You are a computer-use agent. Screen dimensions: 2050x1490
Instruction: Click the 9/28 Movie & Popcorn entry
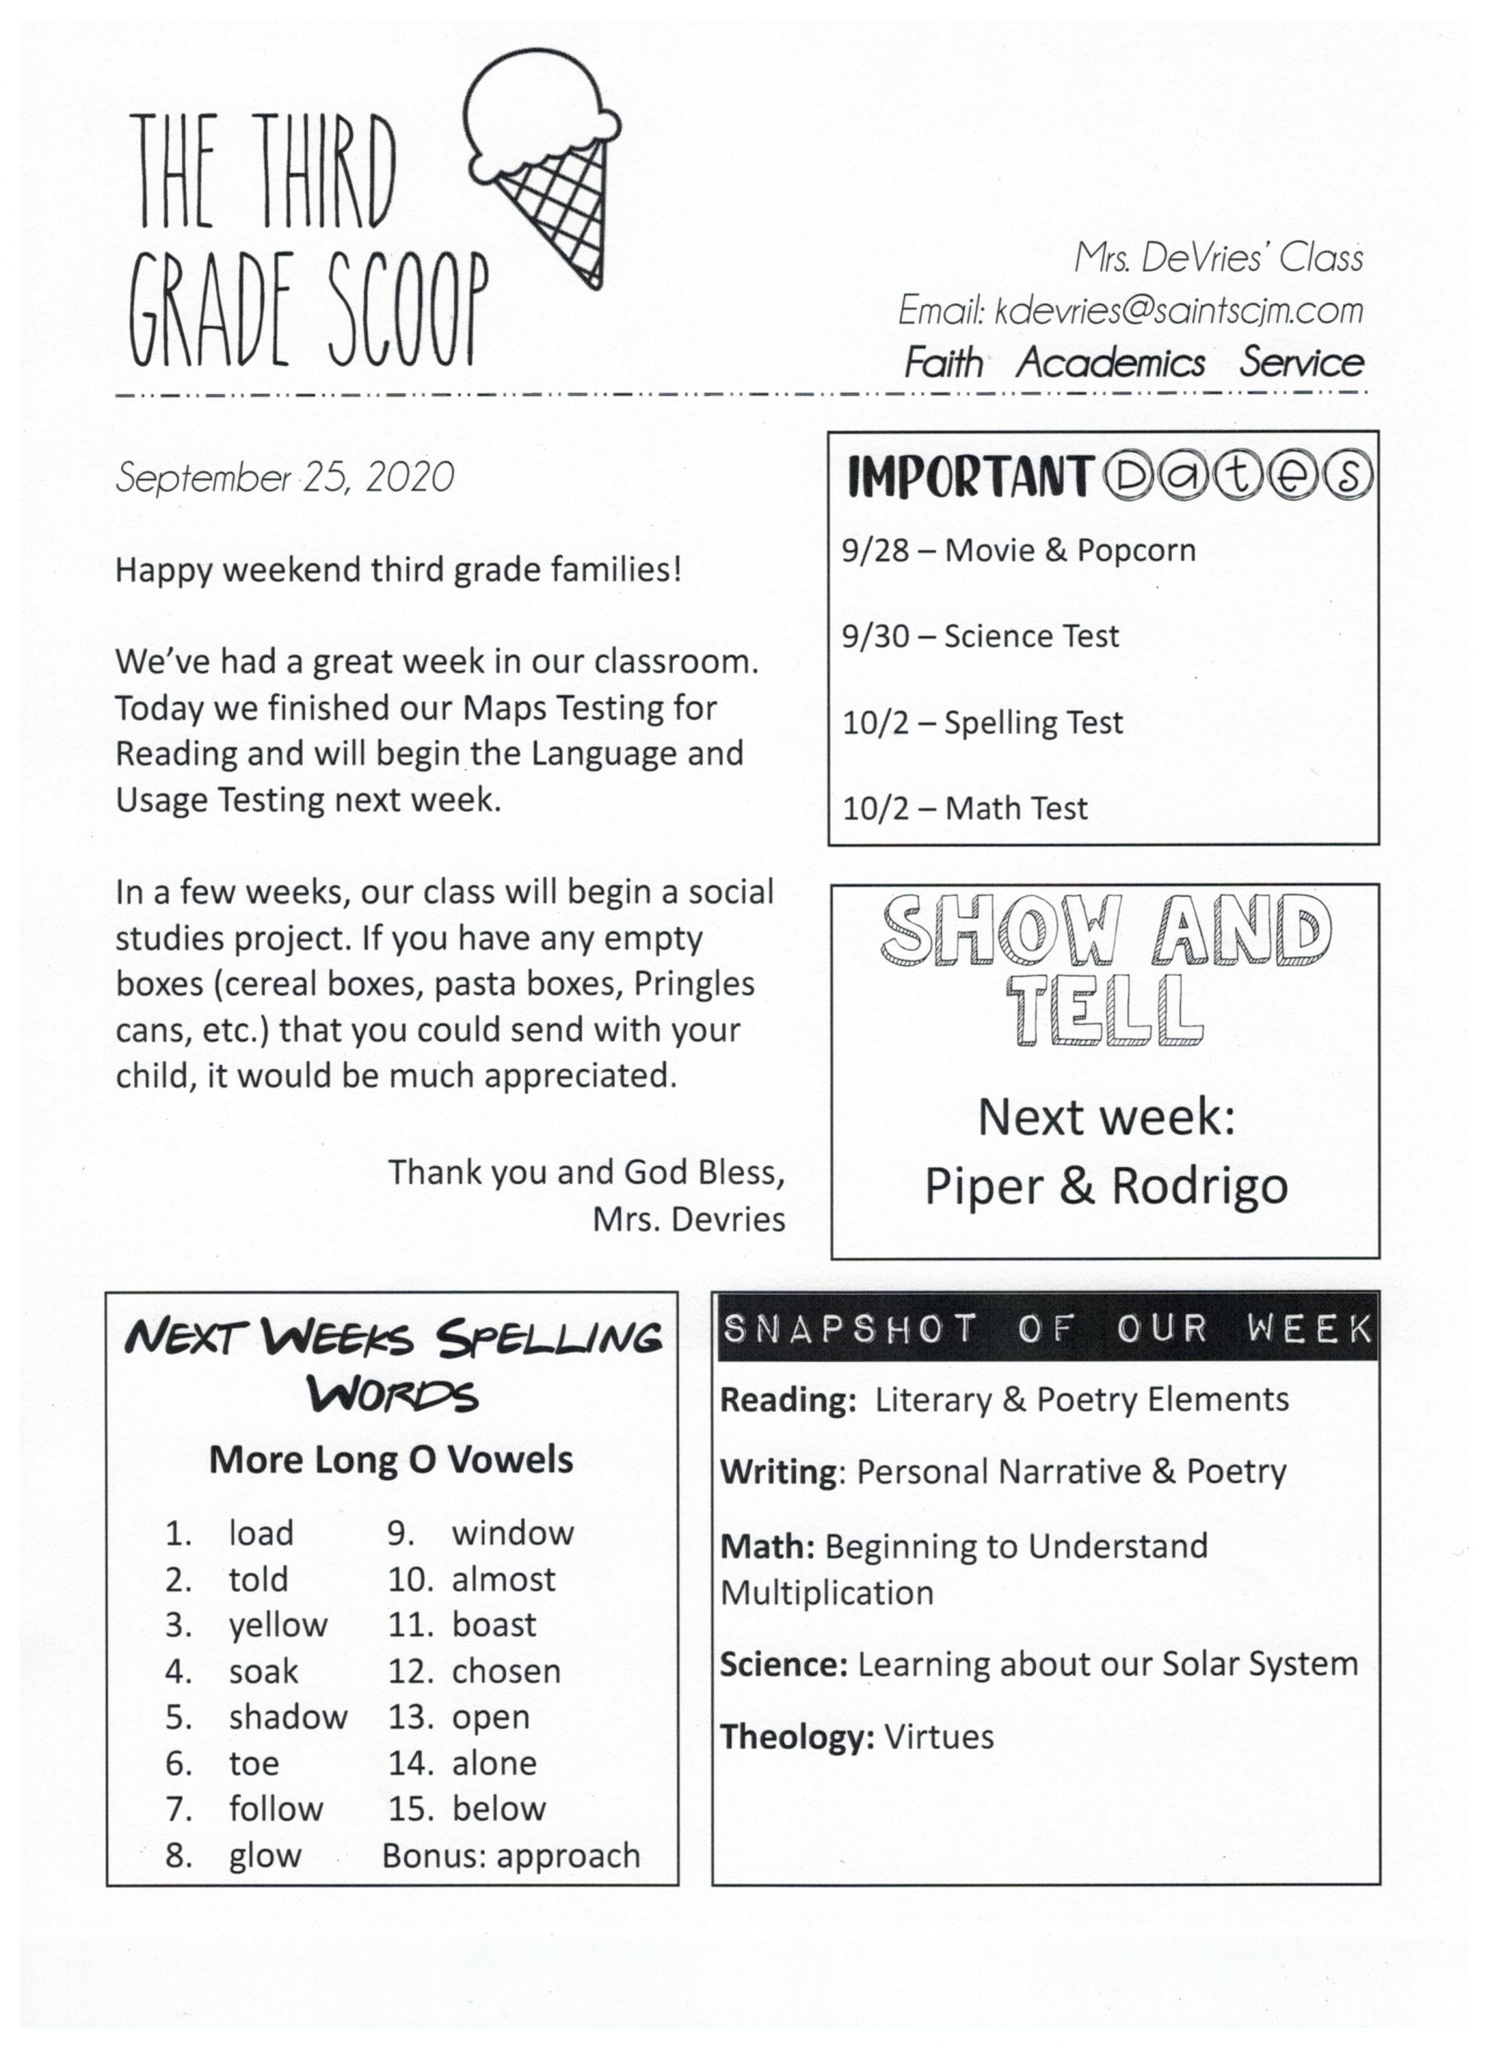tap(1018, 550)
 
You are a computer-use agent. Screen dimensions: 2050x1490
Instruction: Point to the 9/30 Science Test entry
tap(980, 637)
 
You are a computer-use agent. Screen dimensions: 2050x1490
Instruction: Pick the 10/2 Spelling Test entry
tap(982, 722)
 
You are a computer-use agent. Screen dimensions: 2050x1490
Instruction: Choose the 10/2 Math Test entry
tap(964, 808)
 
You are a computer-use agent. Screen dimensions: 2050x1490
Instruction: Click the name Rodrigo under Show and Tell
tap(1200, 1187)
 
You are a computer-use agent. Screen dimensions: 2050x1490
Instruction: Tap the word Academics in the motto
tap(1110, 364)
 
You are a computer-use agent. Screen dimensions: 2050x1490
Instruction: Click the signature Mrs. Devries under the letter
tap(689, 1220)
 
